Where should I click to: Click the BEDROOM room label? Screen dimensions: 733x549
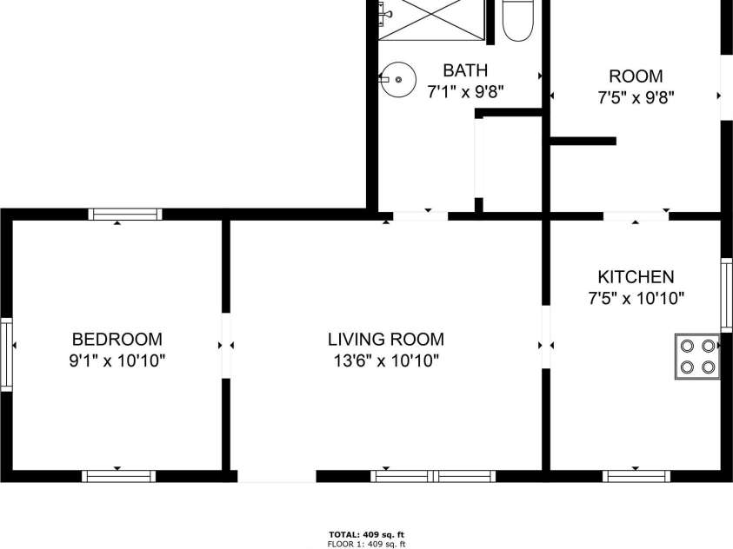117,339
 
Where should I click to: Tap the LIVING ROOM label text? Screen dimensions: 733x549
386,339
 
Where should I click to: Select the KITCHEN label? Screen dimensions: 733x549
636,277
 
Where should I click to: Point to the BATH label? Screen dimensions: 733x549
465,70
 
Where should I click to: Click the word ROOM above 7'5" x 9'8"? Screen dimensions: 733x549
636,76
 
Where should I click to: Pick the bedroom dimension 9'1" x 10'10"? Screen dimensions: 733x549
117,360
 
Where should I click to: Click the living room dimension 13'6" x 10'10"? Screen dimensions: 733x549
386,360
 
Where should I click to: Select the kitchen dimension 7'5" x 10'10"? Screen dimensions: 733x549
636,298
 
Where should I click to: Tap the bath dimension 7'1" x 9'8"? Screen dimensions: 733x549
465,91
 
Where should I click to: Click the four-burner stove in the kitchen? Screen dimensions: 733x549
697,357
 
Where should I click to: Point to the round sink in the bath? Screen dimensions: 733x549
398,80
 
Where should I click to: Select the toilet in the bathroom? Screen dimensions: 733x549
517,21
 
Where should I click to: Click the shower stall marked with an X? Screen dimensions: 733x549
431,20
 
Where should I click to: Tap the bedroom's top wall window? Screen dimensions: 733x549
125,215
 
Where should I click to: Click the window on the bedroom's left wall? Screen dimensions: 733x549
6,354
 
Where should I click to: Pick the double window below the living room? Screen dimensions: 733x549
433,476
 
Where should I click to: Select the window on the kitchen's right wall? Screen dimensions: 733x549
726,295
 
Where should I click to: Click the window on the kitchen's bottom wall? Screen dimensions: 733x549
636,476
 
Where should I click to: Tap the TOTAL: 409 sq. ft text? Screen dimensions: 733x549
367,535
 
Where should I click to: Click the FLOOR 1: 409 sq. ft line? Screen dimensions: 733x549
367,544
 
